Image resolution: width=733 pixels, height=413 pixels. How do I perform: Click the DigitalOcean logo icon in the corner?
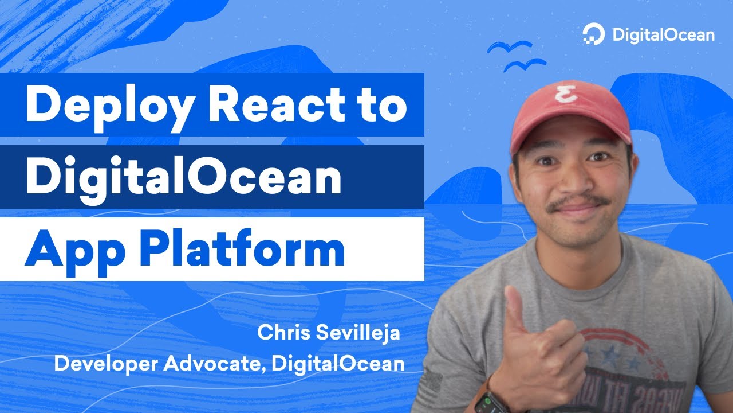tap(594, 34)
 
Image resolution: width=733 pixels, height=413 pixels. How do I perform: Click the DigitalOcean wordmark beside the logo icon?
tap(663, 35)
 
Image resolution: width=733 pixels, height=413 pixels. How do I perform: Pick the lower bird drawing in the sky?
tap(524, 64)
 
